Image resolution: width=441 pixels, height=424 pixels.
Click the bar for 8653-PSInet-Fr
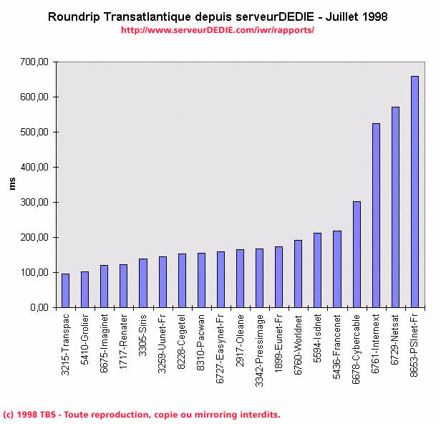(x=415, y=192)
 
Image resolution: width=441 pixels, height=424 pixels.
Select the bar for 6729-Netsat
(x=395, y=207)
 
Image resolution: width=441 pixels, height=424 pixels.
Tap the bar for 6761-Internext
(x=376, y=216)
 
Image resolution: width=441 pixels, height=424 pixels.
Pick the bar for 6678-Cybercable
(x=357, y=254)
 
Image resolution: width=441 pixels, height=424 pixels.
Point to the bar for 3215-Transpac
(x=65, y=290)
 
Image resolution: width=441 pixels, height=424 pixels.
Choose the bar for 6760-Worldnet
(x=298, y=274)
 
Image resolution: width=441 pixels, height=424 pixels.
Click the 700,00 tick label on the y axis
(x=34, y=62)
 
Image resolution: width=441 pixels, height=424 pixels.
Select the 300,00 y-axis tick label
(x=34, y=203)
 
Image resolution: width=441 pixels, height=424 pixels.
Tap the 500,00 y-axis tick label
(x=34, y=132)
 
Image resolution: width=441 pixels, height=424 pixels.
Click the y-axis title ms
(x=12, y=184)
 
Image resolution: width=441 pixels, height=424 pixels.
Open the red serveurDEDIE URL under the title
(x=218, y=30)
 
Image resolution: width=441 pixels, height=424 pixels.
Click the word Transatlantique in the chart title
(x=149, y=16)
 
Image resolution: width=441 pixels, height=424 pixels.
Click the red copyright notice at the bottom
(x=142, y=415)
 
